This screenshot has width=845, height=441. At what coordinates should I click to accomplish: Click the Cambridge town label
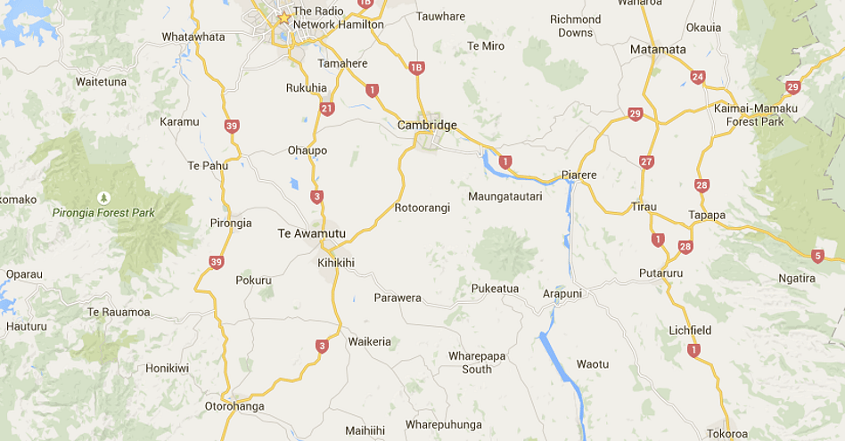[427, 126]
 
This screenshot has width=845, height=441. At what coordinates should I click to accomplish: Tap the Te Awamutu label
[311, 233]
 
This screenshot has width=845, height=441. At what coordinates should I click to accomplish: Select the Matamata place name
[658, 49]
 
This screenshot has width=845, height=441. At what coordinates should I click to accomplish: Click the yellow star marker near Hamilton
[284, 18]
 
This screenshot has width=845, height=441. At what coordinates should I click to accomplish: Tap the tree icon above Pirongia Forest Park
[104, 197]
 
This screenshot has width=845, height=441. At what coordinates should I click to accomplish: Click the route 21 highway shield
[327, 109]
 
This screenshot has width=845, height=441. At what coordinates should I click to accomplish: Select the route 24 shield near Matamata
[698, 78]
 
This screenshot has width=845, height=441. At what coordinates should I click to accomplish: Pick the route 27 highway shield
[646, 161]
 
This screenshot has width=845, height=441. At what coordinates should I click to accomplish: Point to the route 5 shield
[818, 256]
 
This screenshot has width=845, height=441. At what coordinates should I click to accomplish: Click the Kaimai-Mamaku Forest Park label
[755, 114]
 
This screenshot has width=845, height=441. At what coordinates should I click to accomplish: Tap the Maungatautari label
[505, 195]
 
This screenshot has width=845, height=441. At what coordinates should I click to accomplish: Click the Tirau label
[644, 206]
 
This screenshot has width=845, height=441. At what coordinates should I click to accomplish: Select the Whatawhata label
[193, 37]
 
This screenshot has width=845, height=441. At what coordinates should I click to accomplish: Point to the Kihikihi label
[336, 263]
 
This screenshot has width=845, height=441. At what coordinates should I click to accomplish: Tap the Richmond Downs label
[575, 26]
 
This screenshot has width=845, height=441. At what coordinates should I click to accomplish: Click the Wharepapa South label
[477, 362]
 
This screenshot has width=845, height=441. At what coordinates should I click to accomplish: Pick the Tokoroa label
[727, 434]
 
